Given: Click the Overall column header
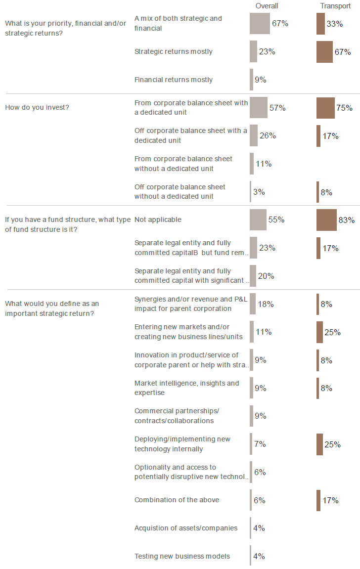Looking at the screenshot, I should coord(267,6).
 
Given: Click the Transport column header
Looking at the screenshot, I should coord(335,6).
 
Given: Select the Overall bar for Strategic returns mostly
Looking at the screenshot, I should coord(253,51).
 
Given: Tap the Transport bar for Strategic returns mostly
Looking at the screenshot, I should coord(324,51).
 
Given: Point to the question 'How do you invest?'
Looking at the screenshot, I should coord(37,107).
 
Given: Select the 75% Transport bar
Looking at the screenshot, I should coord(325,108).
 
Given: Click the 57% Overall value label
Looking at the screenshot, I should coord(277,108).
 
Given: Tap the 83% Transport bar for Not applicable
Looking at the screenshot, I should coord(326,220).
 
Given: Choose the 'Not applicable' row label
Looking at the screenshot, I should coord(158,219).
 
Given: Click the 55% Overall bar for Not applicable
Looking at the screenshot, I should coord(258,220).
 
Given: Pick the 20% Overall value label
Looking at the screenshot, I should coord(266,276).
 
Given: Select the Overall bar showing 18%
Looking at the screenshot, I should coord(253,304).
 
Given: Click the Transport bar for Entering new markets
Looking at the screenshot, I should coord(319,332).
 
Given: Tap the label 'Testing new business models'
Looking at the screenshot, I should coord(182,556).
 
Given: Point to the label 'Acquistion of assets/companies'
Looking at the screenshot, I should coord(186,528).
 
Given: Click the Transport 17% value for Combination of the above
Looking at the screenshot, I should coord(330,500).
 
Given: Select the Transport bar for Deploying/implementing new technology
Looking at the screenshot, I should coord(319,444).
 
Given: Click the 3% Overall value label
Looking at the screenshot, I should coord(259,192).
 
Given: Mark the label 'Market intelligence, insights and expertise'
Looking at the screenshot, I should coord(186,388).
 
